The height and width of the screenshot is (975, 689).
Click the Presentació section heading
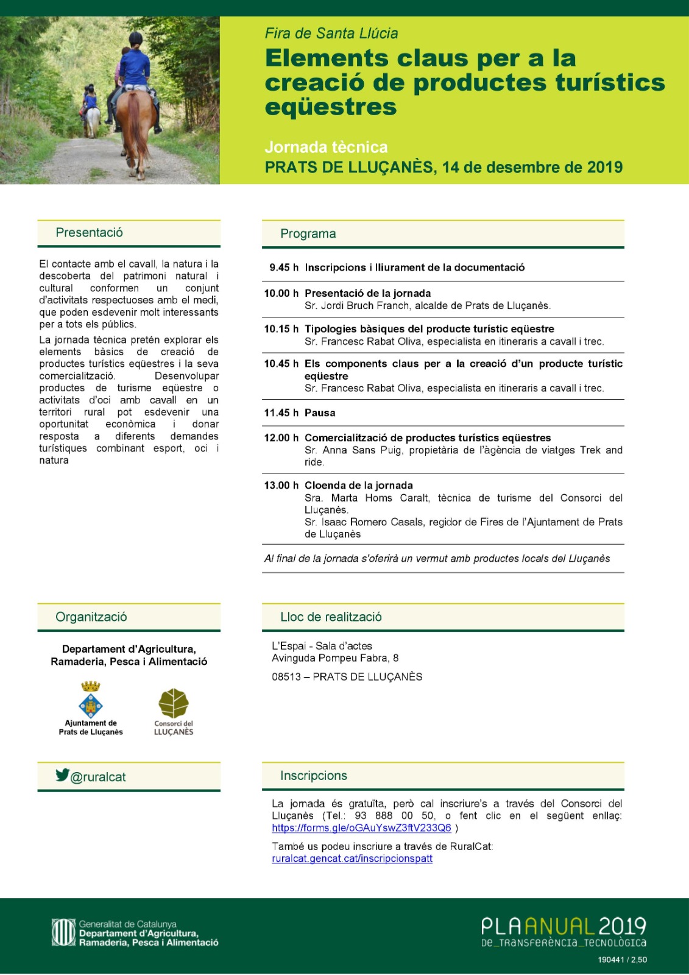coord(89,233)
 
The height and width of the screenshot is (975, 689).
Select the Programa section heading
coord(308,234)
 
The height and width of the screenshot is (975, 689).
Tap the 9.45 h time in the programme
coord(283,268)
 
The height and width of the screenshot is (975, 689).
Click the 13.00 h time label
coord(281,486)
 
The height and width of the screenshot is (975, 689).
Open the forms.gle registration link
coord(361,828)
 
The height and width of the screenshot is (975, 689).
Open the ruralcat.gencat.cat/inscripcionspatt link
coord(352,859)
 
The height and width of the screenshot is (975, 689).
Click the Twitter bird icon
coord(62,775)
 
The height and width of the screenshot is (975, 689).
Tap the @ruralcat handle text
coord(98,777)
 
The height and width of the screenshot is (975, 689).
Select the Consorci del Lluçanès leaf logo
coord(174,703)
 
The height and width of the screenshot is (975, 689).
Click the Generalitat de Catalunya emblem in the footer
coord(63,933)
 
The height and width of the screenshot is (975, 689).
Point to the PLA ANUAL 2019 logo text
coord(563,927)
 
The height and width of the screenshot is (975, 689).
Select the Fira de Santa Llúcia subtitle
coord(331,34)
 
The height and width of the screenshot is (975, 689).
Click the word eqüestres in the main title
coord(331,107)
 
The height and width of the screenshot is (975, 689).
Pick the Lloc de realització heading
coord(331,617)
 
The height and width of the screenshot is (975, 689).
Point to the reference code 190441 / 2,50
coord(622,960)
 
